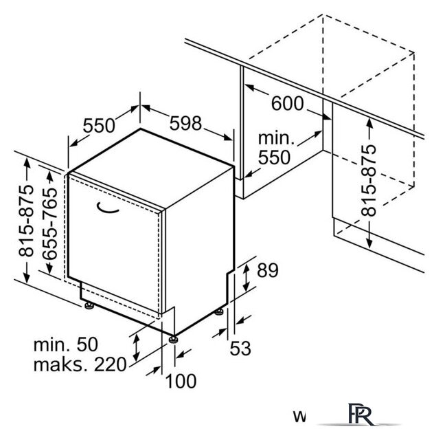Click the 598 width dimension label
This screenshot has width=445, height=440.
185,123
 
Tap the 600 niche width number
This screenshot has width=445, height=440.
288,103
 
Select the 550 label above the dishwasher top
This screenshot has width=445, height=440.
99,125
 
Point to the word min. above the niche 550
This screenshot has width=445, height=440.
276,138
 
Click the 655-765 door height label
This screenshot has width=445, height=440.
49,223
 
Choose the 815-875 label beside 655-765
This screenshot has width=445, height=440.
26,221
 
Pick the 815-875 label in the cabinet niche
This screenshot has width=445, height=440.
369,181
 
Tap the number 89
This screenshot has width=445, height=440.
268,270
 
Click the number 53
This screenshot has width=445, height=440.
240,349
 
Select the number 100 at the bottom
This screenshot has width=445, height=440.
181,381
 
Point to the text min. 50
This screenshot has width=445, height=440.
65,344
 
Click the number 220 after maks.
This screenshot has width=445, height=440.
110,364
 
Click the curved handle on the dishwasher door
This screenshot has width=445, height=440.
107,210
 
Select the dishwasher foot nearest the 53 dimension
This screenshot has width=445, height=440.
218,311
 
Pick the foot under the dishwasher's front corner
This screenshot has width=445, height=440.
172,340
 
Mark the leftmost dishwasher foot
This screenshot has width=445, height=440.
89,305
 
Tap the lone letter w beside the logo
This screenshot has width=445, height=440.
299,417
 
